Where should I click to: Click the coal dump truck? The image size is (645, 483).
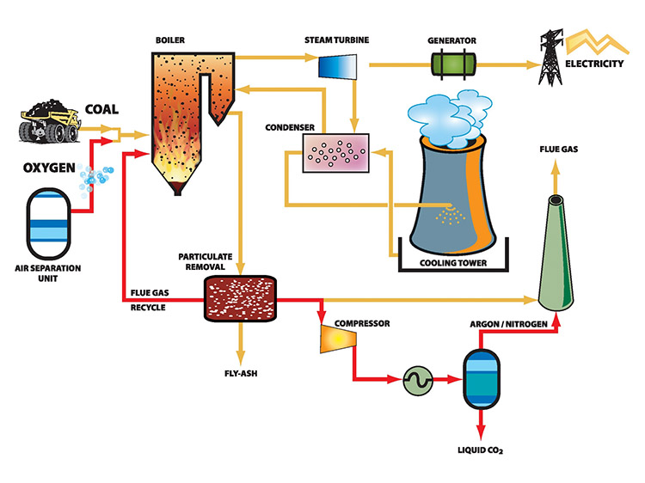point(50,123)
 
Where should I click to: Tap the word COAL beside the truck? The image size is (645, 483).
point(104,109)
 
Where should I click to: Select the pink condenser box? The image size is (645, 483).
point(329,152)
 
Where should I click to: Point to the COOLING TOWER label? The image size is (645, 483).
point(449,262)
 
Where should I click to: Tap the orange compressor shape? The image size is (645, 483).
point(336,338)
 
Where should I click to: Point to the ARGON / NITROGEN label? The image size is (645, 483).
point(509,325)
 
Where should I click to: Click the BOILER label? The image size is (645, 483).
point(171,40)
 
